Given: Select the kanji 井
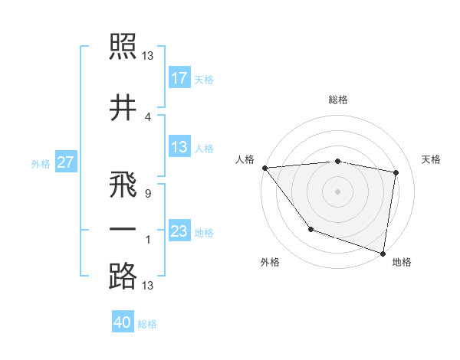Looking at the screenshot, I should tap(123, 108).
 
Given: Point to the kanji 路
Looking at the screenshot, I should tap(123, 276).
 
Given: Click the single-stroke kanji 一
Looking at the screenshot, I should tap(123, 231).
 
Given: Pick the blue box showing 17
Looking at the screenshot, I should tap(179, 78).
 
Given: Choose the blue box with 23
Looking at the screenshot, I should tap(179, 231).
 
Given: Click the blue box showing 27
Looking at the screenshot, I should tap(66, 162).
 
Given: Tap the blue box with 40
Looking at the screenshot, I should tap(123, 323).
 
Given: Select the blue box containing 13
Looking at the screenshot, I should tap(179, 147).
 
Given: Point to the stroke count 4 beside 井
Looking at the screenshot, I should tap(147, 116).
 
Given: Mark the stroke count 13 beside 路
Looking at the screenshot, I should tap(148, 286).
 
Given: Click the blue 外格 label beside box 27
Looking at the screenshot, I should tap(41, 163).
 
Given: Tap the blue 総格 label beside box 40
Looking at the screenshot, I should tap(147, 324).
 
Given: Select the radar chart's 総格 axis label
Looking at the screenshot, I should tap(338, 100).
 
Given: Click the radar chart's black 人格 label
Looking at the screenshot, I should tap(246, 159).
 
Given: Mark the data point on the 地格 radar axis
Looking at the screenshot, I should tap(383, 252).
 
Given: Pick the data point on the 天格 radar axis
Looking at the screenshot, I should tap(396, 172).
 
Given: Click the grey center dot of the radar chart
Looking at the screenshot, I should tap(337, 191).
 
